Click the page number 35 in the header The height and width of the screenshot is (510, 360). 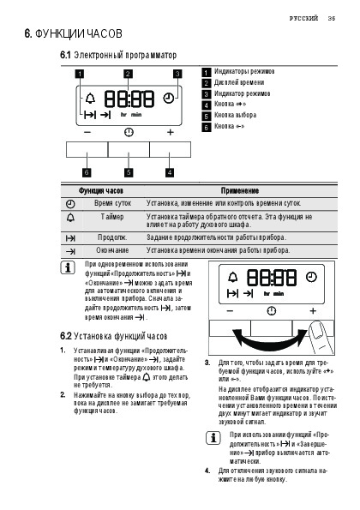coord(332,18)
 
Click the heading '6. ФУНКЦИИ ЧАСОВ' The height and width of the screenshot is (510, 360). coord(74,33)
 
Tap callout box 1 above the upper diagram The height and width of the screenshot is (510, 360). coord(80,74)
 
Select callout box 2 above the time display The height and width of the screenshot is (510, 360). coord(128,74)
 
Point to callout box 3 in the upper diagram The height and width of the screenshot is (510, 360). coord(177,74)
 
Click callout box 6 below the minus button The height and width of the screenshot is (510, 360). coord(87,172)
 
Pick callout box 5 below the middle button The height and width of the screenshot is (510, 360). coord(129,172)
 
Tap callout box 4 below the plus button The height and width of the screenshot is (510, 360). coord(170,172)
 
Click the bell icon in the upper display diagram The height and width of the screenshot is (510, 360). coord(90,98)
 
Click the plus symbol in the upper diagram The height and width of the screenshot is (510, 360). coord(170,132)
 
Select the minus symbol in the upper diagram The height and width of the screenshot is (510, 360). coord(87,132)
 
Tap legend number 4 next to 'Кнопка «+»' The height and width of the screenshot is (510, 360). coord(207,105)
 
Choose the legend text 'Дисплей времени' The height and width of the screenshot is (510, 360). coord(239,82)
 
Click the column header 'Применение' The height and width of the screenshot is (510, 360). coord(240,190)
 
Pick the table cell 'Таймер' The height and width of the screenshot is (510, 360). coord(112,217)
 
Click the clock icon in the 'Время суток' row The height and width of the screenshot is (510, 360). coord(70,204)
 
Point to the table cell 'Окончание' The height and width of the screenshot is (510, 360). coord(112,250)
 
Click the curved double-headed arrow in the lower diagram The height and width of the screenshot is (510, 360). coord(270,345)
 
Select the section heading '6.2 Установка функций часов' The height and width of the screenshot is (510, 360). coord(113,336)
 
